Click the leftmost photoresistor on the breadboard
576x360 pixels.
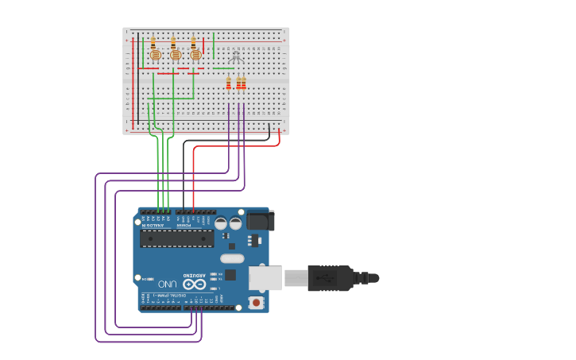click(156, 55)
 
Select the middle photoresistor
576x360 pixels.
click(176, 55)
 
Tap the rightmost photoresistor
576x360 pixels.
click(195, 55)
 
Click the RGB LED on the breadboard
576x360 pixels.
click(235, 57)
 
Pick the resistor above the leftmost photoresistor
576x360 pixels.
click(153, 41)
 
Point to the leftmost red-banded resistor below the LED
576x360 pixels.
click(229, 83)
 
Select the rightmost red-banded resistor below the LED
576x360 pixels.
click(243, 83)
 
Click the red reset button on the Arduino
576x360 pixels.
click(256, 303)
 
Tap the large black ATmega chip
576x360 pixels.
click(176, 238)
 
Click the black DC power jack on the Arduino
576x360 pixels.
click(258, 220)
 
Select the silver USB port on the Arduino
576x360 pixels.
click(265, 278)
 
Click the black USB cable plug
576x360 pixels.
click(330, 278)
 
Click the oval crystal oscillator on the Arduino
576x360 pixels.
click(232, 258)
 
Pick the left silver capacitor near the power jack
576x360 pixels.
click(221, 223)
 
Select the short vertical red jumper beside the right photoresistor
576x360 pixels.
click(203, 45)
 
